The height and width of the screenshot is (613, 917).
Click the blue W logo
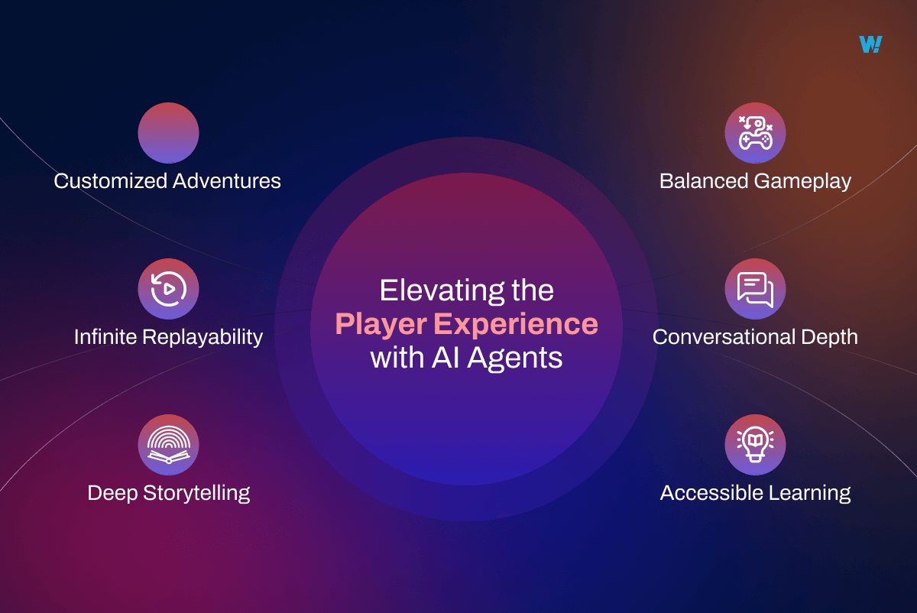870,44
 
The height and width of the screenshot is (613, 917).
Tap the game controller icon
755,133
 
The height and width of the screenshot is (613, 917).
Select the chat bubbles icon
755,289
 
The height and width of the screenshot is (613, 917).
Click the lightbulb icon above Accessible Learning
755,445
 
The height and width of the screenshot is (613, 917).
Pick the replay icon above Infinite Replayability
168,289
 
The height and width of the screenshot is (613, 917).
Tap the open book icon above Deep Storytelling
168,445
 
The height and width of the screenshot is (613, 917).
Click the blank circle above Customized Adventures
168,133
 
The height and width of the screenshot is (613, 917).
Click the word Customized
109,181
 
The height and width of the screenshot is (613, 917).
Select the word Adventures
226,181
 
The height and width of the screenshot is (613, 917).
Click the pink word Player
380,325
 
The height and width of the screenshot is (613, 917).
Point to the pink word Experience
516,325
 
